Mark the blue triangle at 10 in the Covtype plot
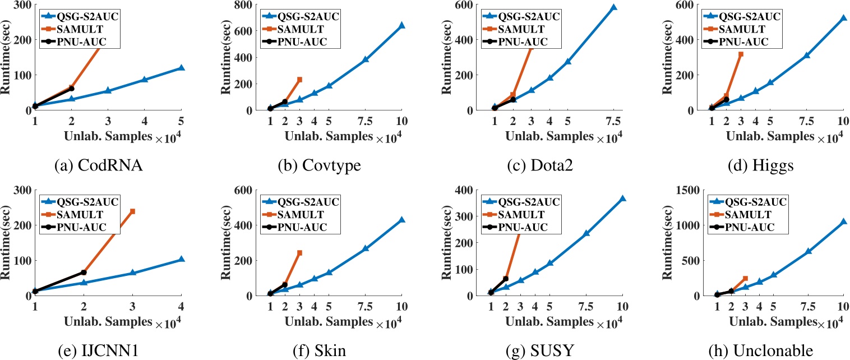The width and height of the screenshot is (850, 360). (x=401, y=25)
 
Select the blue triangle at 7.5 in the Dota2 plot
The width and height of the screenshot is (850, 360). (x=613, y=7)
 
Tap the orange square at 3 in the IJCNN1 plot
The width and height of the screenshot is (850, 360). (x=132, y=211)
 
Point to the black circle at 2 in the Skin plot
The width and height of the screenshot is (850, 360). (x=285, y=285)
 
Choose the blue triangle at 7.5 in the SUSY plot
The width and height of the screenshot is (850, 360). (x=586, y=233)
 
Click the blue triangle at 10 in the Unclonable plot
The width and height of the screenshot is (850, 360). (x=843, y=221)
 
